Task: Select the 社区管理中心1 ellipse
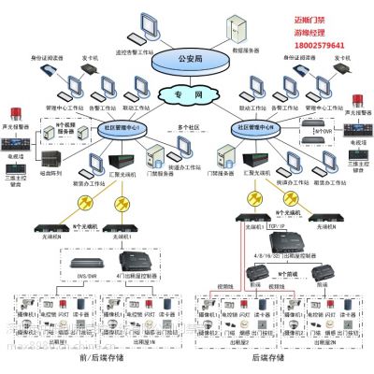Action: coord(122,127)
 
